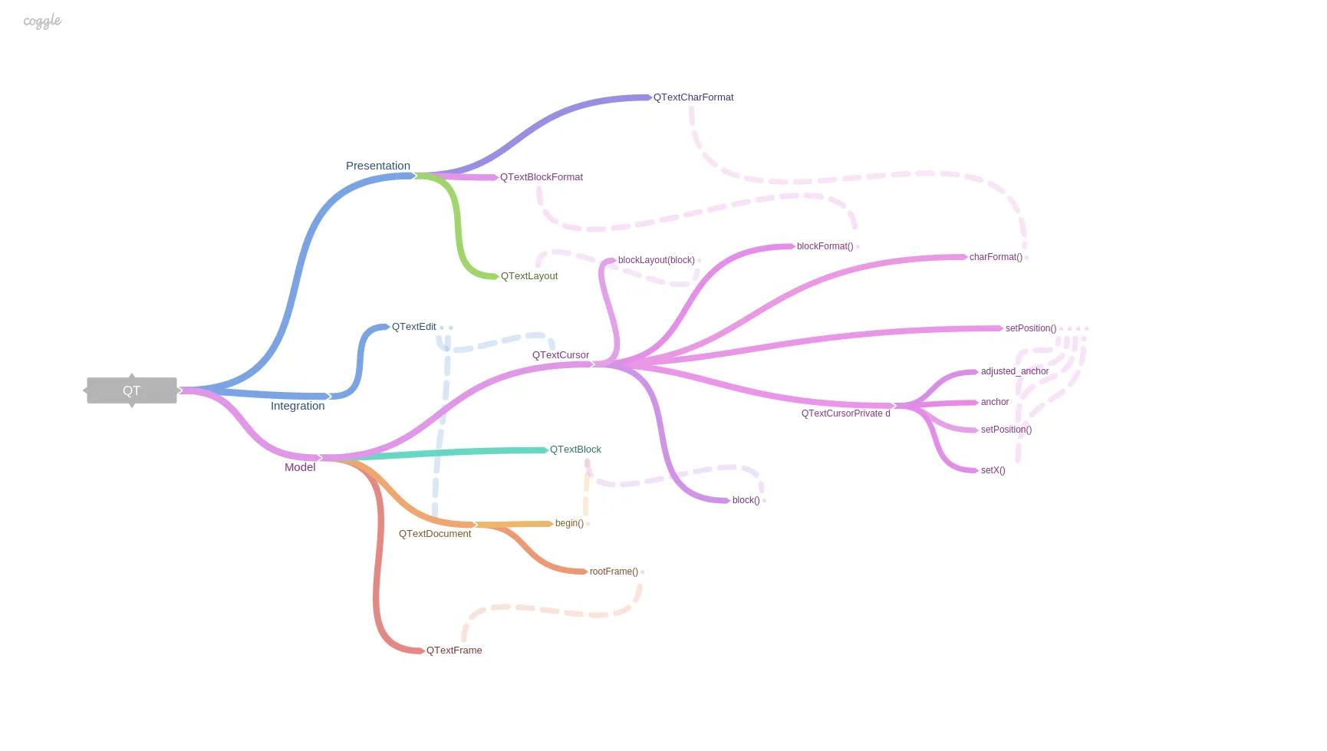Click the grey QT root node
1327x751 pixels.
[x=132, y=390]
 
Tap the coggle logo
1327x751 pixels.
[x=42, y=21]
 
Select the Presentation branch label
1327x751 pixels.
[x=378, y=166]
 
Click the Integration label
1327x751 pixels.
[x=298, y=406]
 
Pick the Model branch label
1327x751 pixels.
[x=300, y=467]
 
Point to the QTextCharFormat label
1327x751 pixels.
[x=693, y=97]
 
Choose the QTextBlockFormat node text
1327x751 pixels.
[x=542, y=177]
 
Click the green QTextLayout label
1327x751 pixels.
[x=529, y=276]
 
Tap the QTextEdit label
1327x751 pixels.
[x=414, y=327]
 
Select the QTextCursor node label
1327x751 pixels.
[x=561, y=355]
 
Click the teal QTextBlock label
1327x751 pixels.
[x=575, y=450]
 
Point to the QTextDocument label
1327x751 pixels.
[x=435, y=534]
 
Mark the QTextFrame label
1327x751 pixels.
[x=454, y=651]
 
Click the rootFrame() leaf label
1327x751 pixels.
[x=614, y=571]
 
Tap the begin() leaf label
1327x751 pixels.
[x=569, y=523]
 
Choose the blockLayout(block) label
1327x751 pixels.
[x=657, y=260]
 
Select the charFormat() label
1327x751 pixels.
[x=996, y=257]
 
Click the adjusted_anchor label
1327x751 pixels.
[x=1015, y=371]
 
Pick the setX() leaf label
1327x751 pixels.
[x=993, y=470]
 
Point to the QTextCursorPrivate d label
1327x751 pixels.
[x=846, y=413]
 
